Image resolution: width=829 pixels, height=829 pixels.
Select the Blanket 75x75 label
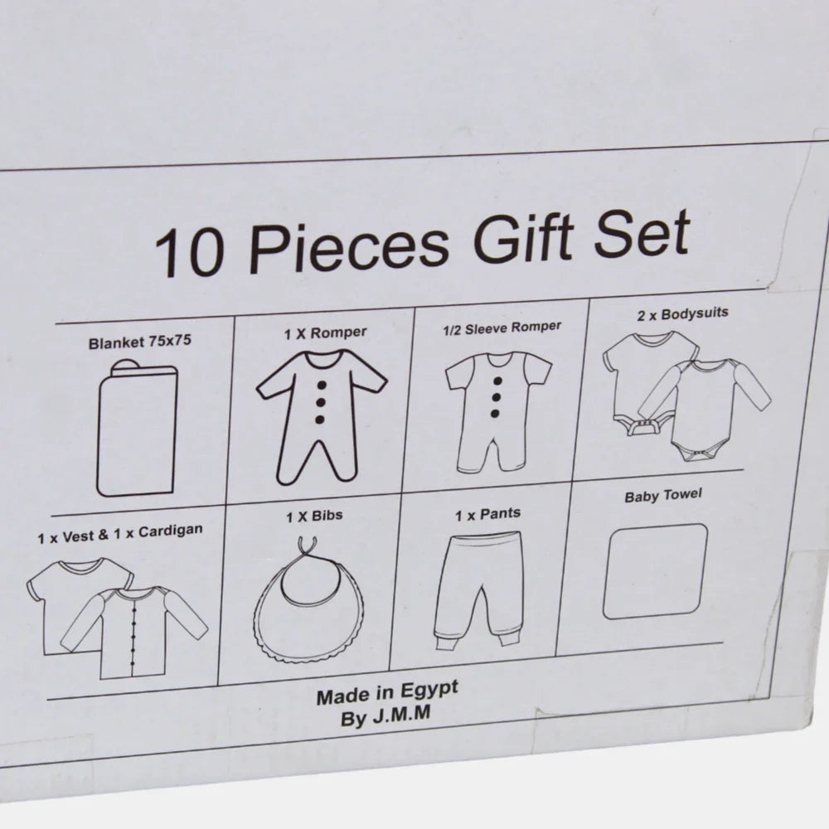139,342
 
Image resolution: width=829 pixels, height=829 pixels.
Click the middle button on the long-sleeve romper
320,402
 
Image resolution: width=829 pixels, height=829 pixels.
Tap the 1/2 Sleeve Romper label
502,327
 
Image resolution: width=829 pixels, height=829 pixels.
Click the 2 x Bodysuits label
682,314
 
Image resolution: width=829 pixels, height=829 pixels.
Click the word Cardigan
170,531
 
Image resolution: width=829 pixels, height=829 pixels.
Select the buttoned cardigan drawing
135,632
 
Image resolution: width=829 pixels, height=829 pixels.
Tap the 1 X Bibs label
314,516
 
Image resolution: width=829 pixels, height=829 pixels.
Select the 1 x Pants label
488,514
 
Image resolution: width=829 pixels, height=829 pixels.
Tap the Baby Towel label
663,496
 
